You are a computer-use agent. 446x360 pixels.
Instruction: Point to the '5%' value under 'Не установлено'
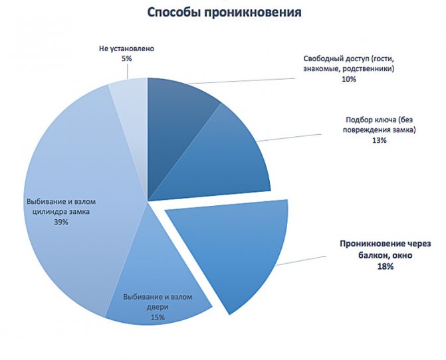(126, 58)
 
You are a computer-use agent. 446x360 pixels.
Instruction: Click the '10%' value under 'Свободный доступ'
(349, 79)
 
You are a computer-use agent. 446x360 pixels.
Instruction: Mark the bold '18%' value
(386, 266)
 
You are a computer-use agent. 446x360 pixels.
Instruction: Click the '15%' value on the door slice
(158, 317)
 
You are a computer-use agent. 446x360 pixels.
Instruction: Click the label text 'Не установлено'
(126, 48)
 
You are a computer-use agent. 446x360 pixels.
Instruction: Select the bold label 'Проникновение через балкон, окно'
(386, 249)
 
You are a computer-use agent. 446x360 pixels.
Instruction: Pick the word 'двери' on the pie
(158, 308)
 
